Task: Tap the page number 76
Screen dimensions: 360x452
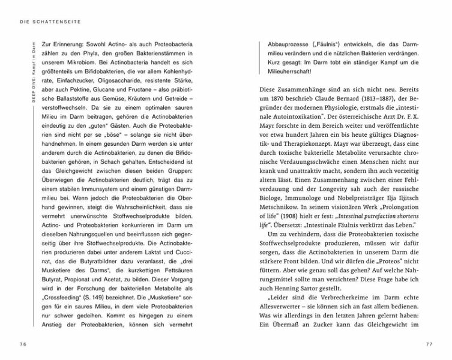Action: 22,343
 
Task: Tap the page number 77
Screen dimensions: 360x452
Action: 429,343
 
